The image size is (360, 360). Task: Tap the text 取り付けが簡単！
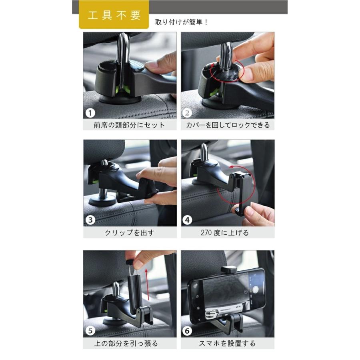[182, 22]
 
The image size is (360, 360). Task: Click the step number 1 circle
[90, 113]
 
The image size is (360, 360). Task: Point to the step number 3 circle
[90, 220]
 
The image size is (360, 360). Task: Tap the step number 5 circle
[90, 331]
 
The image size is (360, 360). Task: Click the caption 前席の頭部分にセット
[129, 125]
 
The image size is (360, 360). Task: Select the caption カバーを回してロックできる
[228, 125]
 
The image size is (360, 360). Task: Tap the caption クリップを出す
[129, 232]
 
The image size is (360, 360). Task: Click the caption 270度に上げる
[228, 232]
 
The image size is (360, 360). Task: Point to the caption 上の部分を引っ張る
[129, 343]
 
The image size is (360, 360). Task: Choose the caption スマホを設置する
[228, 343]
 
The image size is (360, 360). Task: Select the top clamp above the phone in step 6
[228, 270]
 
